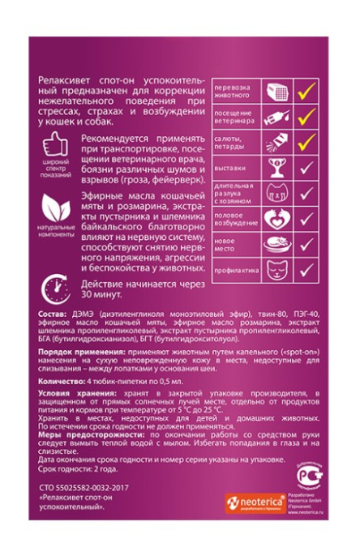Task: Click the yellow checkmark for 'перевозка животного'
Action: pyautogui.click(x=306, y=92)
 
